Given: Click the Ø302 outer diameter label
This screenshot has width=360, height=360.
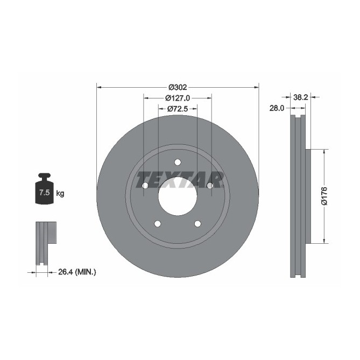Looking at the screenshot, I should click(x=177, y=87).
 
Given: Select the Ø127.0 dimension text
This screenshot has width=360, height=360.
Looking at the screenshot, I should click(x=177, y=98).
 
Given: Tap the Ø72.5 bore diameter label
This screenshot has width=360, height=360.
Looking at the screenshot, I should click(x=177, y=109).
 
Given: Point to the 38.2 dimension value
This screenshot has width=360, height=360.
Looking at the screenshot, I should click(x=301, y=97).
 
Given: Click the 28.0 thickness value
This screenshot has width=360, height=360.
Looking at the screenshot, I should click(x=277, y=108).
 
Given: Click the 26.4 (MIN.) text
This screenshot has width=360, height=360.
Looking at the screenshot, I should click(x=77, y=272).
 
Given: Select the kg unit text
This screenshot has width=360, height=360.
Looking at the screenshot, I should click(x=60, y=193).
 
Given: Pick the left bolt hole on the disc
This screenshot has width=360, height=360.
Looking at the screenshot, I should click(x=145, y=186).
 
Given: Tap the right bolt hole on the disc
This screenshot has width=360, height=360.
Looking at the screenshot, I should click(x=210, y=186).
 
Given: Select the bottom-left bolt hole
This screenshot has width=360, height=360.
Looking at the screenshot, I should click(x=157, y=224).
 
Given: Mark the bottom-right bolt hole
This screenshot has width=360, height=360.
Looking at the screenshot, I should click(x=197, y=224).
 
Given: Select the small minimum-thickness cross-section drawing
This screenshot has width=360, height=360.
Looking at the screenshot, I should click(x=45, y=243).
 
